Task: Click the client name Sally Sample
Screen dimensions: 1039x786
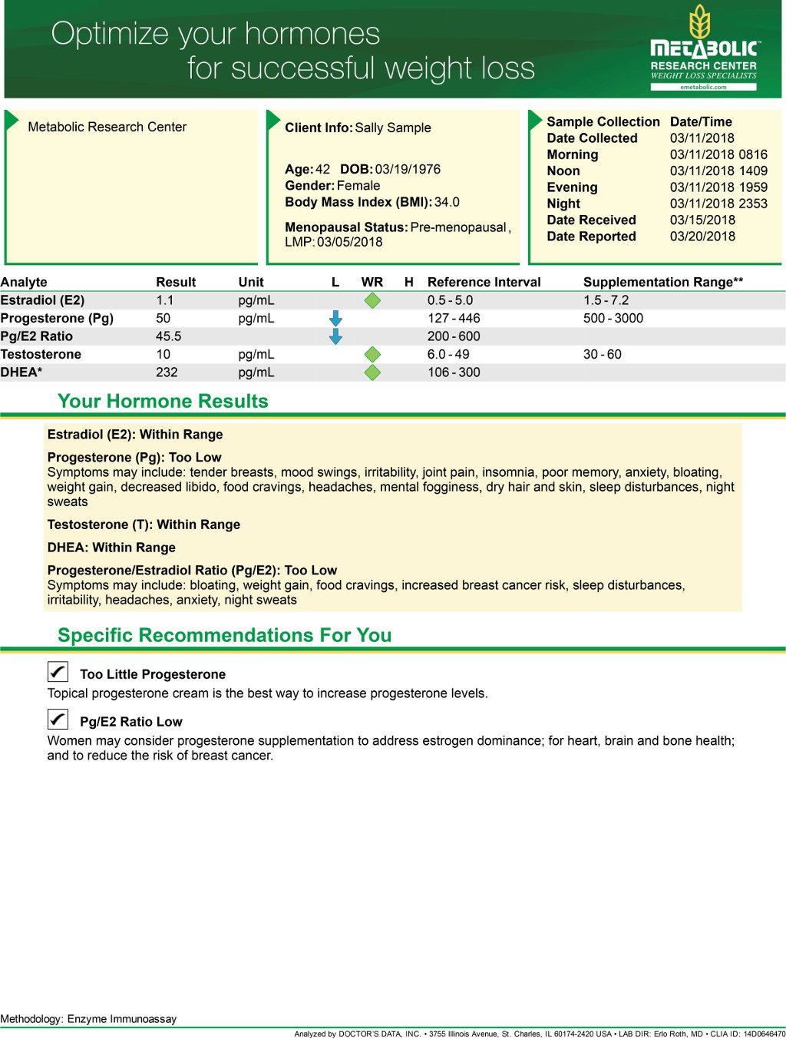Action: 393,127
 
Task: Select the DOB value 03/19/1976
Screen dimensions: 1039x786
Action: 408,169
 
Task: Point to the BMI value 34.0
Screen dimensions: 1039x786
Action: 447,202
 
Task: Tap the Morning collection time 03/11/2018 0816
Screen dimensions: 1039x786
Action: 718,154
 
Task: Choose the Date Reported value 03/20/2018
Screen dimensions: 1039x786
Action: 702,237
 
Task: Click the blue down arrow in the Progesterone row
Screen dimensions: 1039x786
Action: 335,318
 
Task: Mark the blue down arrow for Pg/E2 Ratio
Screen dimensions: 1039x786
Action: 335,336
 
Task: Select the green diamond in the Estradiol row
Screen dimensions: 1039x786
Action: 372,300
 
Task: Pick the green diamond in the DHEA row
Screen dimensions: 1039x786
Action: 372,372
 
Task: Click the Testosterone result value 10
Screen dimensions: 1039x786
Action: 163,354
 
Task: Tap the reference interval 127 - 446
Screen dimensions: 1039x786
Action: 454,318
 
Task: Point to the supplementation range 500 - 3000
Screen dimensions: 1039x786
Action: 613,318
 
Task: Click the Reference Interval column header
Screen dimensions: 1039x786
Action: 484,282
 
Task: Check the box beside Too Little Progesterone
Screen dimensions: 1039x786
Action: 58,672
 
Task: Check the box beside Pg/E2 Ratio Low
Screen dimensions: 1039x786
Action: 58,720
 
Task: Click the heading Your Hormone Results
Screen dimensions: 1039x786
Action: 163,401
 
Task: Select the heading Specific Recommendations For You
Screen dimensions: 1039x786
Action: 224,635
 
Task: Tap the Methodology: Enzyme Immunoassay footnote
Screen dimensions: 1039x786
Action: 88,1019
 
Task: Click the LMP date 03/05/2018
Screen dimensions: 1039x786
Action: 349,242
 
